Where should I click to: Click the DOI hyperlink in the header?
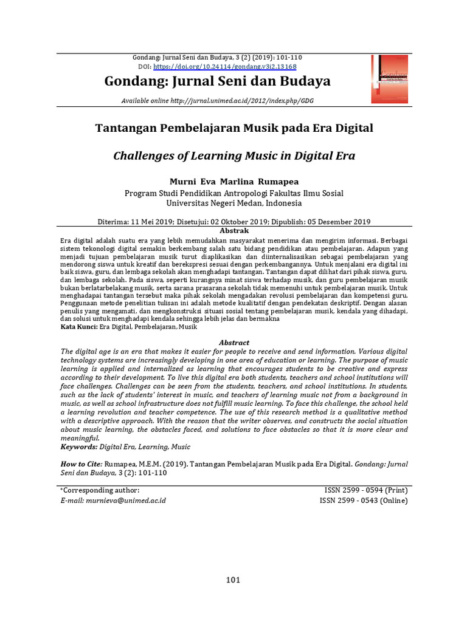point(225,66)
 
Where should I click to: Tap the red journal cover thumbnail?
point(390,79)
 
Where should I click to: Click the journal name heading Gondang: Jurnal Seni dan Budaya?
point(218,81)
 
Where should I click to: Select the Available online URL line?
point(217,101)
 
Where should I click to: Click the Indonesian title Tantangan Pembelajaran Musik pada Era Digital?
point(234,128)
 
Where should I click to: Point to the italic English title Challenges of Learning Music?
point(234,156)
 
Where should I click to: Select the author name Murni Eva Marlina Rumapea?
point(234,182)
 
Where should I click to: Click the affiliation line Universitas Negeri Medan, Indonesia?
point(234,203)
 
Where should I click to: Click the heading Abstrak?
point(234,231)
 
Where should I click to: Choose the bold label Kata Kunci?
point(79,327)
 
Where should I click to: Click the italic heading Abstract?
point(234,343)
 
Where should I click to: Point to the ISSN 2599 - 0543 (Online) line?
point(364,501)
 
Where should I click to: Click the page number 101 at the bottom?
point(233,579)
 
